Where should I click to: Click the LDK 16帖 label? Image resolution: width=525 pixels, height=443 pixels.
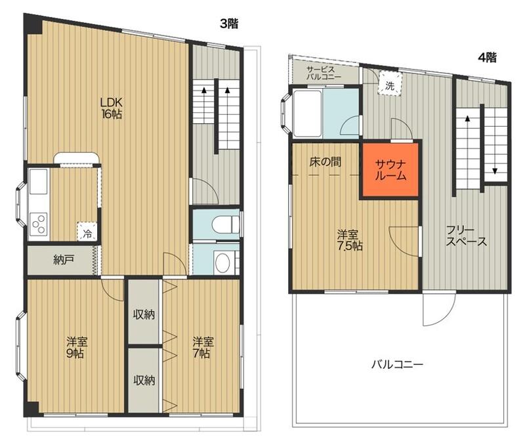click(112, 108)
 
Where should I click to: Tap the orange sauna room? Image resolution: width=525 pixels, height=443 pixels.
click(390, 170)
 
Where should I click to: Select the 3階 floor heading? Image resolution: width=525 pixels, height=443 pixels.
click(229, 24)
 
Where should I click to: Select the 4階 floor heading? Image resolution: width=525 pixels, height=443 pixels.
click(487, 58)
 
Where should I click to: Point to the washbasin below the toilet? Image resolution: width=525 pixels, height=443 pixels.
click(222, 263)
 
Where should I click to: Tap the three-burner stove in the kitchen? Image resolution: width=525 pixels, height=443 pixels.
click(38, 224)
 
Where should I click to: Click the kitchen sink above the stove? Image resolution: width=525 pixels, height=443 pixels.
click(39, 181)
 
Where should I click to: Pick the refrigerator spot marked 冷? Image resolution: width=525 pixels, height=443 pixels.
click(87, 232)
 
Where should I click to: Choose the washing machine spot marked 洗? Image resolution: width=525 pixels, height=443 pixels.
click(390, 85)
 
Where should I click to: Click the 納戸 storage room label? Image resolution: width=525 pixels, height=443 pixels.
click(64, 260)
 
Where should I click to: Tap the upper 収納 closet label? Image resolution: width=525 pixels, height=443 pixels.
click(144, 314)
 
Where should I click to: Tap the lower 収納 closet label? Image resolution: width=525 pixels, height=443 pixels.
click(144, 380)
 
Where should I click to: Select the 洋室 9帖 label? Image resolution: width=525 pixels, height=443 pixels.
click(77, 348)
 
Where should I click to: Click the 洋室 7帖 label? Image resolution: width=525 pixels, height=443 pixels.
click(203, 347)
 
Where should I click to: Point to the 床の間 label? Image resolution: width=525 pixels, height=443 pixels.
click(325, 162)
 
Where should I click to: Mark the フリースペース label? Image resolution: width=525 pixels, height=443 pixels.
click(466, 236)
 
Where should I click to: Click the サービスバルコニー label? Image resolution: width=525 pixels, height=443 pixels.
click(324, 73)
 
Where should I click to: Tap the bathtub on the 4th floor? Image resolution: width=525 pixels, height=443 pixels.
click(308, 112)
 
